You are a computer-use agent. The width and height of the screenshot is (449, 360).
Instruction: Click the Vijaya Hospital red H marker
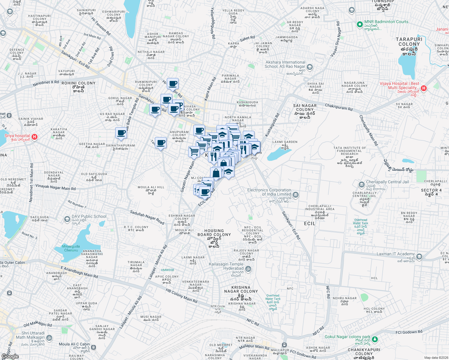pyautogui.click(x=423, y=88)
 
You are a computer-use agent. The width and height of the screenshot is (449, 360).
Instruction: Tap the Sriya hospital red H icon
pyautogui.click(x=35, y=137)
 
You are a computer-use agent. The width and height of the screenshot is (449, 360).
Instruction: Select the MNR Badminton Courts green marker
pyautogui.click(x=360, y=25)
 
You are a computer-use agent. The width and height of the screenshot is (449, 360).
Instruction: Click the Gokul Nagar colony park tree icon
pyautogui.click(x=375, y=339)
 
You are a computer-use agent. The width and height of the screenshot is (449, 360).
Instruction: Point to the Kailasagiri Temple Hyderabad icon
pyautogui.click(x=248, y=269)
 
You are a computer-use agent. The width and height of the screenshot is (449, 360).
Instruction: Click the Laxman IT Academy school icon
pyautogui.click(x=419, y=256)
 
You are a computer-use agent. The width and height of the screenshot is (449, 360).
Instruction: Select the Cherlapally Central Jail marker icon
pyautogui.click(x=361, y=184)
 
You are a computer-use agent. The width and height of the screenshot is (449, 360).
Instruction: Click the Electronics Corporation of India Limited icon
pyautogui.click(x=296, y=195)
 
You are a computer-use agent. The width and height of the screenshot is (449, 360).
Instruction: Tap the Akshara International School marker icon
pyautogui.click(x=310, y=67)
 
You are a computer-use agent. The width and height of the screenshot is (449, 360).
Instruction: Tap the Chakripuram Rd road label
pyautogui.click(x=339, y=107)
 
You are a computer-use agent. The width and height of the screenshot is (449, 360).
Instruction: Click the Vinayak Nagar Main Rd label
pyautogui.click(x=56, y=187)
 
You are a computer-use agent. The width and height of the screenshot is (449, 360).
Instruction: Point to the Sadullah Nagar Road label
pyautogui.click(x=147, y=217)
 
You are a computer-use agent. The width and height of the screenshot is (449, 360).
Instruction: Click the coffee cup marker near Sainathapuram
pyautogui.click(x=121, y=133)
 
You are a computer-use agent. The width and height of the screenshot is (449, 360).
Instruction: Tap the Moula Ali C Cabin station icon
pyautogui.click(x=93, y=347)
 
